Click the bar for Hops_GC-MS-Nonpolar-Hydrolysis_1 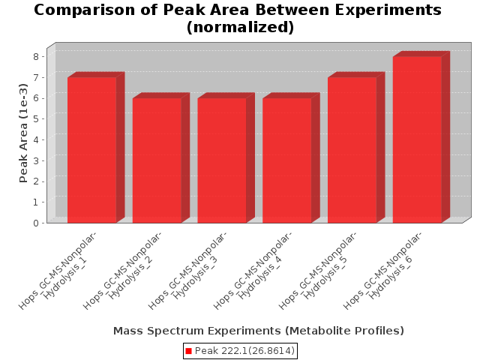91,150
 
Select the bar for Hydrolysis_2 157,160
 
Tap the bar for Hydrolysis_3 222,160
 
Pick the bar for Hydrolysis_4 287,160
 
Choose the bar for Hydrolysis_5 352,150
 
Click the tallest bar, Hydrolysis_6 417,139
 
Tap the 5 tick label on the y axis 36,118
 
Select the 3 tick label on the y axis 36,160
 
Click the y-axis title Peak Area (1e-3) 23,133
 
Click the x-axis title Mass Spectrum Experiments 259,331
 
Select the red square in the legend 188,351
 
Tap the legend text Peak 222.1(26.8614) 244,351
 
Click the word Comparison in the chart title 85,10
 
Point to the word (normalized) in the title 240,27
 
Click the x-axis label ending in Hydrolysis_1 58,270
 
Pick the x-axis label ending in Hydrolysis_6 382,270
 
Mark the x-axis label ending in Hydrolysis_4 253,270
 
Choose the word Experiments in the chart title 388,10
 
